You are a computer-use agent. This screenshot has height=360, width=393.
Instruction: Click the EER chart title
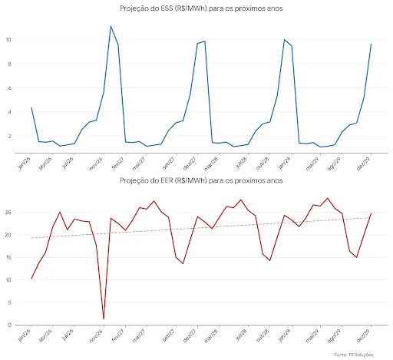tap(201, 180)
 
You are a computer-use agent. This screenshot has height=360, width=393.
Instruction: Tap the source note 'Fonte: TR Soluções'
tap(359, 355)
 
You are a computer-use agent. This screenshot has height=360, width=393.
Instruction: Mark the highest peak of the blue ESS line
tap(111, 26)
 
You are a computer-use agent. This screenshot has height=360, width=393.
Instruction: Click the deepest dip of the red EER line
tap(104, 319)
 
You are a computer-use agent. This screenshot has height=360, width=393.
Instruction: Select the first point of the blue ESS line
tap(31, 108)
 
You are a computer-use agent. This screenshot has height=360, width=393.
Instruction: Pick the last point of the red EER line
tap(372, 213)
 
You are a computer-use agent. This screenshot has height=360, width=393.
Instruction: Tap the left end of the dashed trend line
tap(31, 238)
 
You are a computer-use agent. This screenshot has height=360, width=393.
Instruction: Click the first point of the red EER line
tap(31, 278)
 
